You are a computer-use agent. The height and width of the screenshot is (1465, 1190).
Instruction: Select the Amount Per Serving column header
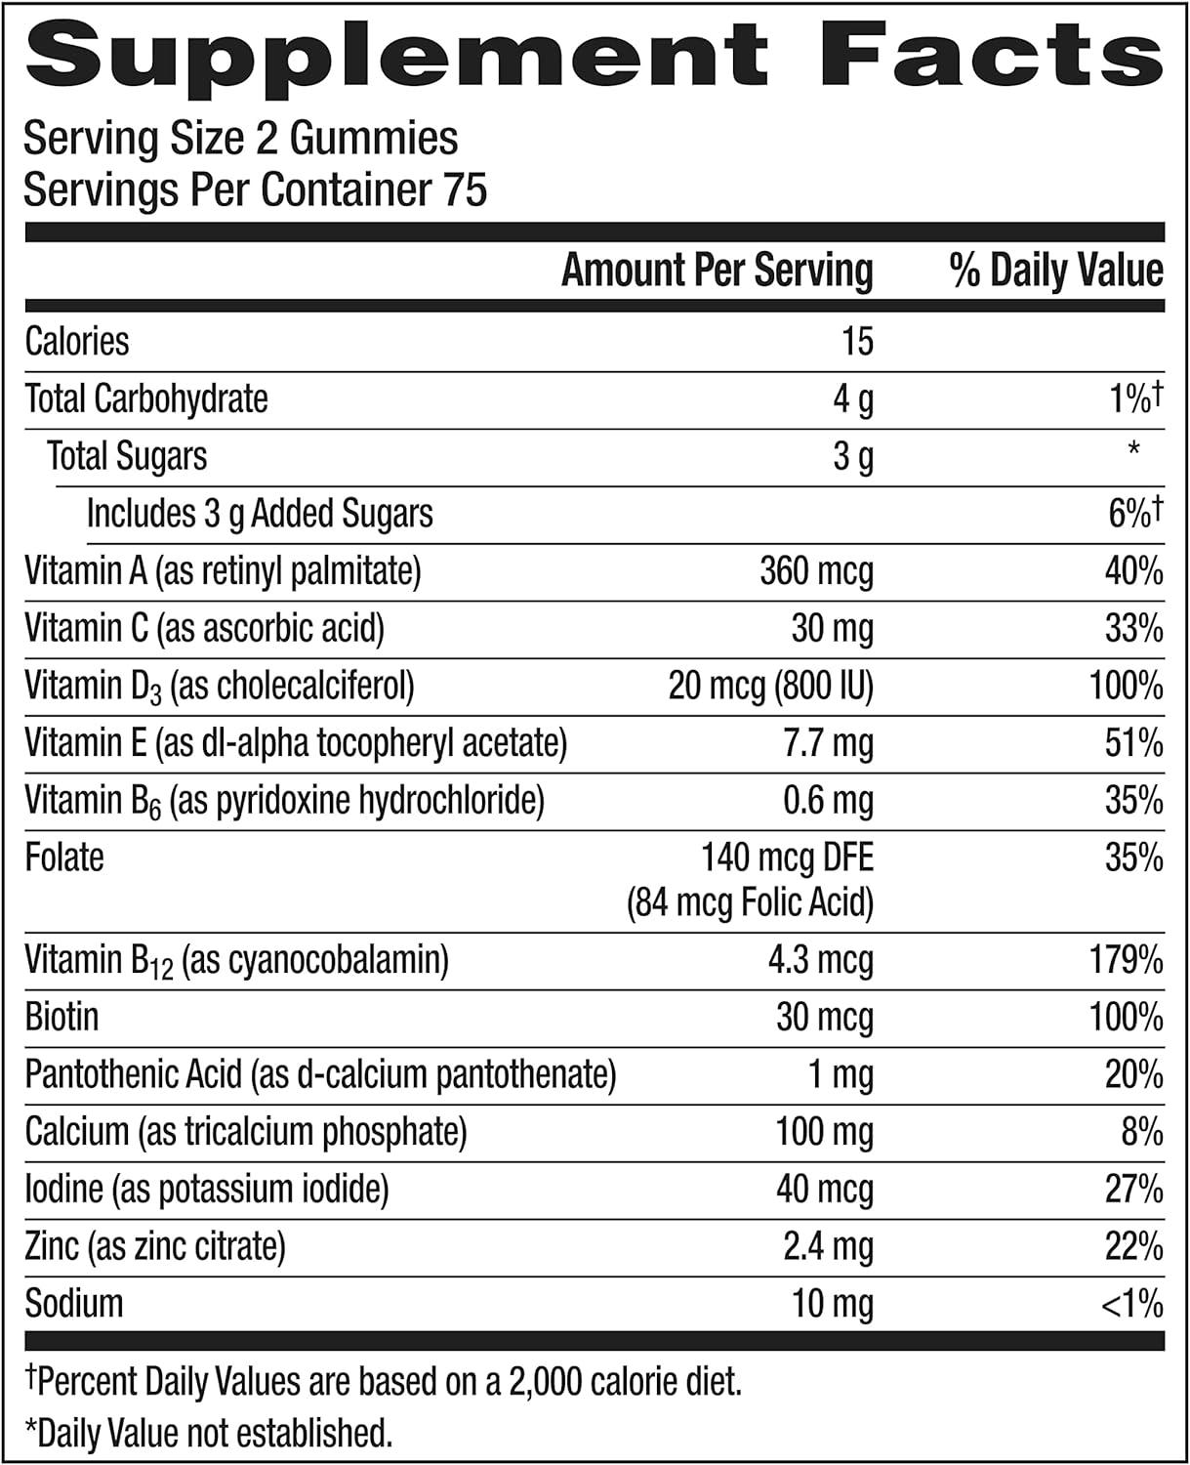click(x=717, y=271)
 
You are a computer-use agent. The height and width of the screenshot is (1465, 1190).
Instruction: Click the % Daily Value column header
click(x=1056, y=271)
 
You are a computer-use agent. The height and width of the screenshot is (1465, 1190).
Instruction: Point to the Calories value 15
click(x=857, y=342)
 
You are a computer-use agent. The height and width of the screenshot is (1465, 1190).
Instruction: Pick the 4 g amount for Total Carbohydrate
click(x=852, y=399)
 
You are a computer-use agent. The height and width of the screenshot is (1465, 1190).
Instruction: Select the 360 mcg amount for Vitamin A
click(x=816, y=571)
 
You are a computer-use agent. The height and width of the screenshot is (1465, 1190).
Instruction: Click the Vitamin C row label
click(x=204, y=628)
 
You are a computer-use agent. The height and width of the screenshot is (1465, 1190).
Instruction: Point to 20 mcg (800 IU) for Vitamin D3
click(x=770, y=687)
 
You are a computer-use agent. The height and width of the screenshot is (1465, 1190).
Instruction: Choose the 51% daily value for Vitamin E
click(x=1133, y=744)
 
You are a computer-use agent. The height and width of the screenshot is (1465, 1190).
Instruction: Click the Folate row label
click(x=64, y=858)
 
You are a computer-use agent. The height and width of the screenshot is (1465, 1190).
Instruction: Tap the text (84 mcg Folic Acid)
click(x=750, y=902)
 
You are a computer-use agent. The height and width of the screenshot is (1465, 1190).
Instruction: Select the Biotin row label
click(x=62, y=1017)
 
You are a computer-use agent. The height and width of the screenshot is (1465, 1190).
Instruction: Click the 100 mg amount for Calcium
click(x=824, y=1132)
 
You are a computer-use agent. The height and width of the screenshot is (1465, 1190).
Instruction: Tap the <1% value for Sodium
click(x=1131, y=1304)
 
